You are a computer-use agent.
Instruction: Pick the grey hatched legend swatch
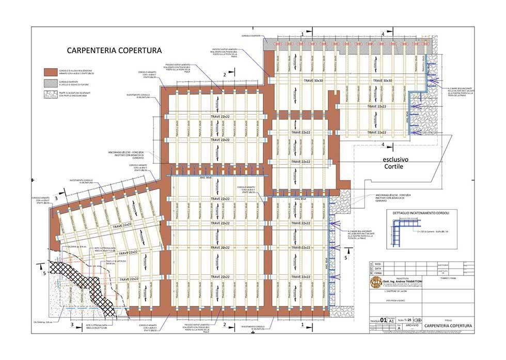tap(50, 83)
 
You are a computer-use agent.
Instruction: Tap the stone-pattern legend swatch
tap(50, 95)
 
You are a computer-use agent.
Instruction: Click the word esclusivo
tap(396, 159)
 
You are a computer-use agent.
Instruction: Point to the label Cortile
tap(396, 167)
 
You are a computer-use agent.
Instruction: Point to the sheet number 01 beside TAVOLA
tap(383, 320)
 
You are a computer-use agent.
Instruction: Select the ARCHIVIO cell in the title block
tap(412, 326)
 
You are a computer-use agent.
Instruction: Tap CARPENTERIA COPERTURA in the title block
tap(448, 326)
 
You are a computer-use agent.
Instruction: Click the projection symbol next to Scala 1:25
tap(418, 320)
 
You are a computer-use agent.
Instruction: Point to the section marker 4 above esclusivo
tap(383, 145)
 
